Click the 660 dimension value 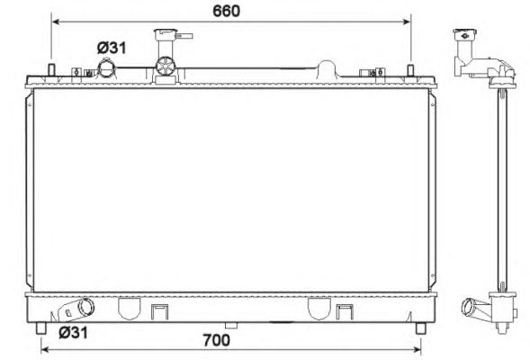[226, 11]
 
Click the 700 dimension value [217, 340]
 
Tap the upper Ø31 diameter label [112, 48]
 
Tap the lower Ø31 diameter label [73, 333]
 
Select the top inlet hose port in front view [106, 67]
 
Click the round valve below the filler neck [166, 67]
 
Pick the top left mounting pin [51, 70]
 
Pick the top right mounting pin [410, 70]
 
